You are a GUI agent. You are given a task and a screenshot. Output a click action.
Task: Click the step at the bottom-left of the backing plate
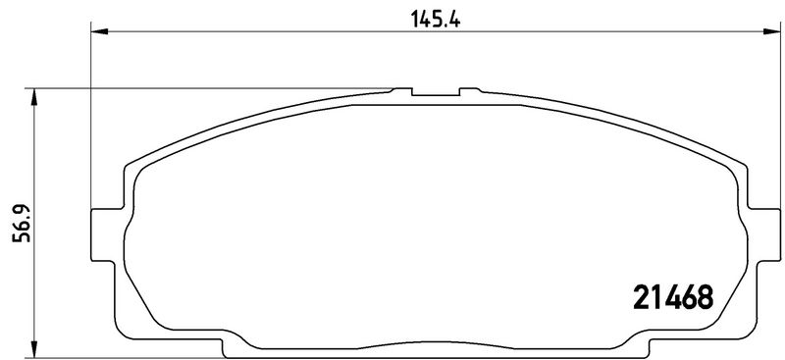point(232,346)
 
